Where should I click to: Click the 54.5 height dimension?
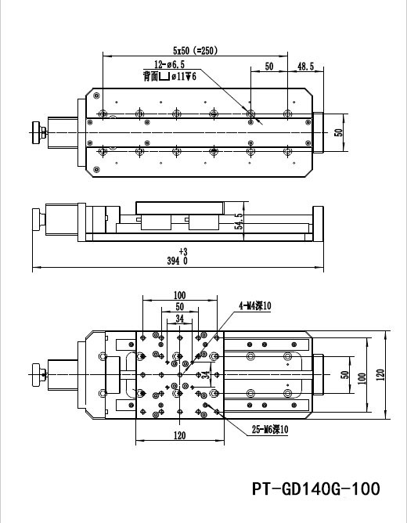click(x=239, y=220)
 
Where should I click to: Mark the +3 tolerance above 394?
click(x=183, y=251)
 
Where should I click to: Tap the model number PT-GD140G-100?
click(x=316, y=489)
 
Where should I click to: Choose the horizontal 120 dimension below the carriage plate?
click(x=180, y=436)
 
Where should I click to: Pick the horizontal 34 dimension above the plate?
click(x=180, y=319)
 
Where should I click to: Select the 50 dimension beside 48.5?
click(x=268, y=67)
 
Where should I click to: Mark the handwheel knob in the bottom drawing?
click(x=34, y=373)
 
